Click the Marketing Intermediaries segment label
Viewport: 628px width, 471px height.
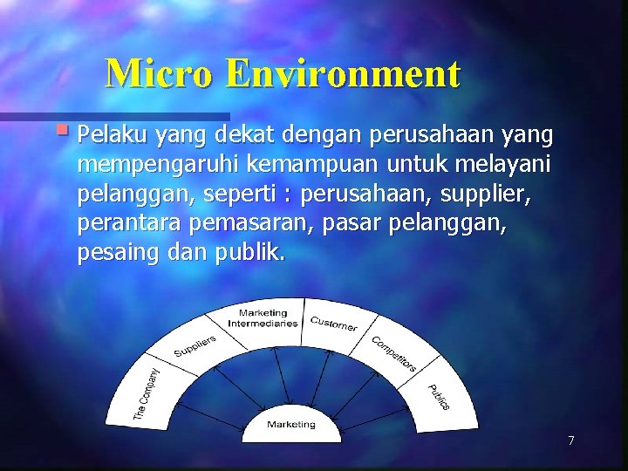click(x=263, y=317)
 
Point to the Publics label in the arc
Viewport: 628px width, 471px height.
click(x=438, y=397)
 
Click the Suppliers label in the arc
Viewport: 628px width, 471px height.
click(x=195, y=346)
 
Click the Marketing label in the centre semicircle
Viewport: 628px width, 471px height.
click(x=290, y=424)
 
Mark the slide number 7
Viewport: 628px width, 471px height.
click(x=571, y=440)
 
